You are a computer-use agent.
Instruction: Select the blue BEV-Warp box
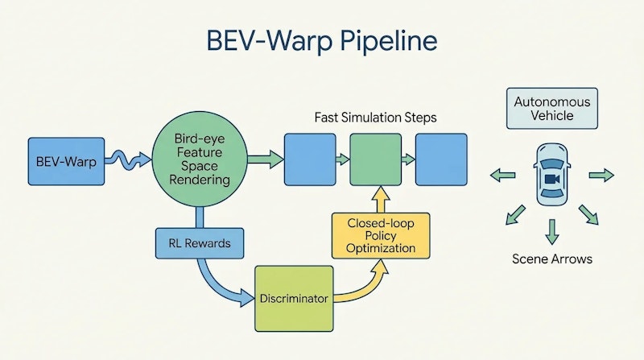(66, 162)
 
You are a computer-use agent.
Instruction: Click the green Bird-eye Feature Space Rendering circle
(197, 162)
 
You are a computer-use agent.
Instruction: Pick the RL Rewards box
(197, 242)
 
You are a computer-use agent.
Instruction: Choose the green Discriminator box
(294, 298)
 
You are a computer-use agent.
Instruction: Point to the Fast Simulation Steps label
(375, 118)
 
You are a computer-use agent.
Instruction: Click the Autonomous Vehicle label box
(551, 109)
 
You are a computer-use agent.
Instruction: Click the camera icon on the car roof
(551, 178)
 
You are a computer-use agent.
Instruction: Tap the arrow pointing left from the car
(503, 174)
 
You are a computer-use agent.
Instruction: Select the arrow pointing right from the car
(601, 174)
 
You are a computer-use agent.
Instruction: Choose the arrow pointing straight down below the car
(551, 230)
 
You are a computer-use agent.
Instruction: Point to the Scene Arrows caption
(551, 260)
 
